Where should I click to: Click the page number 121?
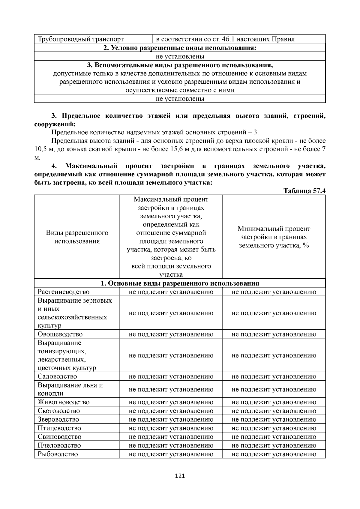(x=180, y=476)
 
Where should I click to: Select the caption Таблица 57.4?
(x=304, y=191)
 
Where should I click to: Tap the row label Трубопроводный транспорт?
(x=81, y=39)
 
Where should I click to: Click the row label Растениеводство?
(x=64, y=292)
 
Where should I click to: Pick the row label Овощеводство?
(x=60, y=334)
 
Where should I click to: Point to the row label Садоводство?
(x=57, y=376)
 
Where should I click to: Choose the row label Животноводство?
(x=64, y=402)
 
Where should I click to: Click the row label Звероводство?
(x=58, y=419)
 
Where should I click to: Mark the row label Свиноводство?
(x=59, y=437)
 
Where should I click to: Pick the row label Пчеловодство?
(x=59, y=445)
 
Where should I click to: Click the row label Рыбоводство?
(x=58, y=454)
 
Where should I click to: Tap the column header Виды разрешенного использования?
(x=77, y=237)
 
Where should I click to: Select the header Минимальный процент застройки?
(x=274, y=237)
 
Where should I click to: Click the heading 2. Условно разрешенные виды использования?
(x=180, y=48)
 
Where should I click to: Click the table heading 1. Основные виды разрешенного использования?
(x=180, y=283)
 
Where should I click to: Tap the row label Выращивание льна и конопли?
(x=70, y=389)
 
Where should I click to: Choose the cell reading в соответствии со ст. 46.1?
(x=225, y=39)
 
